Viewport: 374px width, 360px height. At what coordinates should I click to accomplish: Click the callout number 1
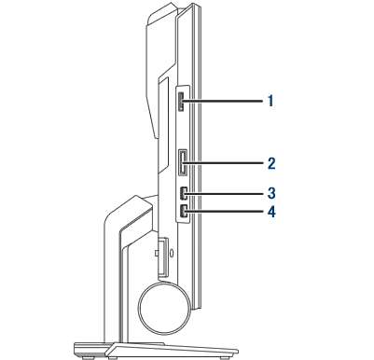pos(270,101)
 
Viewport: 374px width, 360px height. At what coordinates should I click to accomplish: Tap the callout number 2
pos(271,163)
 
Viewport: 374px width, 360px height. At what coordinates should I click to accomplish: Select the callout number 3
pos(271,193)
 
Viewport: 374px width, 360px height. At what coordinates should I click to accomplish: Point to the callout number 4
pos(271,213)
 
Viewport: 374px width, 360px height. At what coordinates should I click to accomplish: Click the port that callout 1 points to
pos(181,102)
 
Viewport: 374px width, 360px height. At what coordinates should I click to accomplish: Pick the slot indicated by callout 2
pos(182,162)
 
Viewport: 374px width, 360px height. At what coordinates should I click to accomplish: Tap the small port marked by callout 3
pos(183,193)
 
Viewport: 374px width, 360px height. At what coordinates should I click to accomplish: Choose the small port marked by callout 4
pos(183,212)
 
